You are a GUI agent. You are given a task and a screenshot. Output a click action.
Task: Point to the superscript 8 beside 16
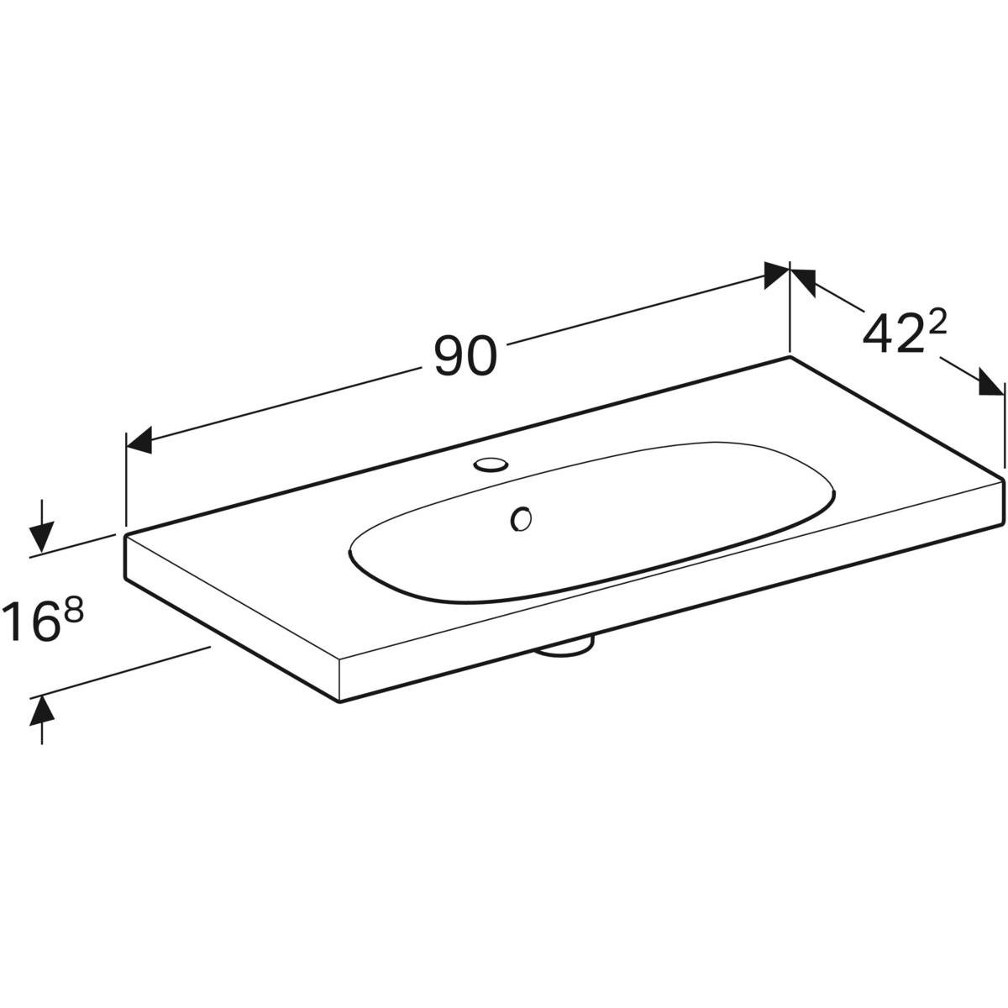74,611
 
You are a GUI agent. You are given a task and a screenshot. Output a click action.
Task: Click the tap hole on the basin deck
491,464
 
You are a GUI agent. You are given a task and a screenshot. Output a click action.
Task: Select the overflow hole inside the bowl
521,518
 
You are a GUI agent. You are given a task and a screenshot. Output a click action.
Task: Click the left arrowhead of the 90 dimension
139,440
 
